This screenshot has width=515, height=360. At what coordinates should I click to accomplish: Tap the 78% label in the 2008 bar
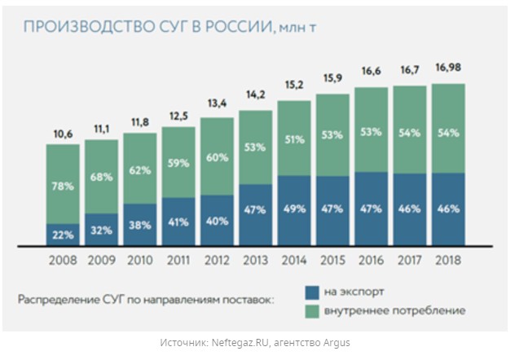63,187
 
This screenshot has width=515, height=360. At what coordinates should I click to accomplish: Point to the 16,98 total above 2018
448,68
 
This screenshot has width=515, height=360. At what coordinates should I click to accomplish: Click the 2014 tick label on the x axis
293,261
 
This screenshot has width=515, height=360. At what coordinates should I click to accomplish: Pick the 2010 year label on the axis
139,261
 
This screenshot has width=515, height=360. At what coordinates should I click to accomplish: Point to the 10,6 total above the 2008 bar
63,134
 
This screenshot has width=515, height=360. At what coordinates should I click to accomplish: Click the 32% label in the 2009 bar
101,230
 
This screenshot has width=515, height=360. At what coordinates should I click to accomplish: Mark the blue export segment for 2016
371,208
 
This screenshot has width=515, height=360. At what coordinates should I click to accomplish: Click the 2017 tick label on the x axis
409,261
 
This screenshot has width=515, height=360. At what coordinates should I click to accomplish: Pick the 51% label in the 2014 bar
293,138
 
